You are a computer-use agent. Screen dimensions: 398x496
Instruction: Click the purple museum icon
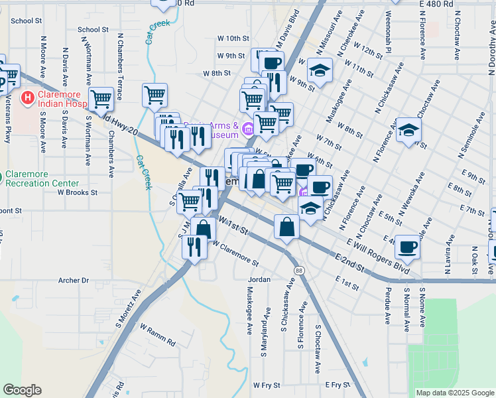click(248, 129)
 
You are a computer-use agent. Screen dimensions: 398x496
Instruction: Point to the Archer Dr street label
click(74, 281)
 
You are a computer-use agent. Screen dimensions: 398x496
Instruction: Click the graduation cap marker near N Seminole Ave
click(408, 130)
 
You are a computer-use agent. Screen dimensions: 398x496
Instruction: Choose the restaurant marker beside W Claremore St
click(194, 247)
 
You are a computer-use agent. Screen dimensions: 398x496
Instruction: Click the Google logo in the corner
click(22, 390)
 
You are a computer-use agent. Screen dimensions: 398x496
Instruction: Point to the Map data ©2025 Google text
click(454, 393)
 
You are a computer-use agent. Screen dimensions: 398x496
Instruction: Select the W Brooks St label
click(77, 192)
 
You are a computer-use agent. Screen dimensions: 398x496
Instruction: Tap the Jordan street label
click(259, 280)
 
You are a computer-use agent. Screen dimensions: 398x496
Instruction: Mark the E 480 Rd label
click(437, 4)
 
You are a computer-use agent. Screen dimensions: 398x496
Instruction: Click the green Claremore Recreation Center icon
click(1, 178)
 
